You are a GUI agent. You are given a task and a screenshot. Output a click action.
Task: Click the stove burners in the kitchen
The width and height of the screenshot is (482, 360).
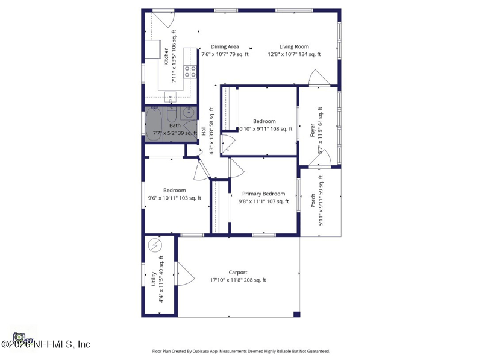click(190, 72)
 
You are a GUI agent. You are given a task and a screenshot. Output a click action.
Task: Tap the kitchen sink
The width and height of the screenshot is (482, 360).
click(171, 96)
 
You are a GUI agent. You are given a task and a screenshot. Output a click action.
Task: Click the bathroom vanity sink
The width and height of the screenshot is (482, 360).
click(189, 112)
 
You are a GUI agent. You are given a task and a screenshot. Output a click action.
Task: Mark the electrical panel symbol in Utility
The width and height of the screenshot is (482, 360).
click(155, 245)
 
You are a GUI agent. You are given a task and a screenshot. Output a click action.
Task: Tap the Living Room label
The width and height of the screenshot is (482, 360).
click(294, 46)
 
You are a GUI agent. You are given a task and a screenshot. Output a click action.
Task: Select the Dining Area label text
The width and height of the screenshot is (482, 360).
click(224, 46)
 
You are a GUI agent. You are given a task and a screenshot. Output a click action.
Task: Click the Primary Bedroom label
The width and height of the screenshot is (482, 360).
click(261, 194)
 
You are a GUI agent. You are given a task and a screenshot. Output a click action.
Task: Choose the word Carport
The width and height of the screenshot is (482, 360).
click(237, 272)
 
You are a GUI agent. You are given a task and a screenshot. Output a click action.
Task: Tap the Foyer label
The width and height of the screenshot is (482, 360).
click(313, 131)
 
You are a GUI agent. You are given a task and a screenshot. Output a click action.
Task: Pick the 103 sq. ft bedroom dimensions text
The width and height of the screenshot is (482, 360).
click(175, 198)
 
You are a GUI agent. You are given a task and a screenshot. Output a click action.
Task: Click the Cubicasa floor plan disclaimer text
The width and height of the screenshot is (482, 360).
click(240, 351)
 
